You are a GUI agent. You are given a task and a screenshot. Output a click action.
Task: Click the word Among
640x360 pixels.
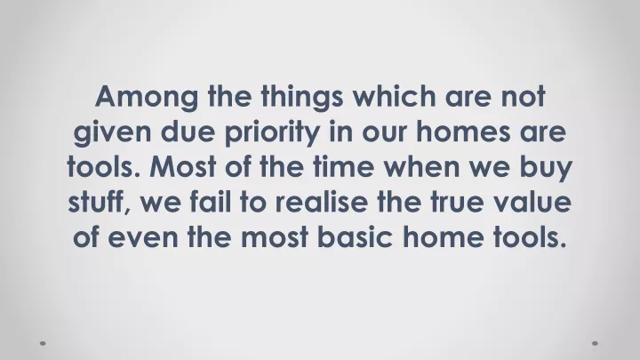147,98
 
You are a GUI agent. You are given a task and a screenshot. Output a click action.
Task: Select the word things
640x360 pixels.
302,97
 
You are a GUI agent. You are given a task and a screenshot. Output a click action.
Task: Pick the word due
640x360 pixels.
188,131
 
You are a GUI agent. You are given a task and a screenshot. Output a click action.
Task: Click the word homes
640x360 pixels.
463,131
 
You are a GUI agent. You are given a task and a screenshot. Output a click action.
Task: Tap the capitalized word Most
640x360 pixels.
183,166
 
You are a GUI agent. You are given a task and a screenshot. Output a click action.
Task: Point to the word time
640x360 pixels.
344,166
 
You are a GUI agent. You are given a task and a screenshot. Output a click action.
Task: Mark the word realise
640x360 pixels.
321,201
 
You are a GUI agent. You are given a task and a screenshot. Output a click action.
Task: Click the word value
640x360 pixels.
532,201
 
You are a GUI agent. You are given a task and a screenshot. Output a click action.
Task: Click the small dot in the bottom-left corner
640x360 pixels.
43,343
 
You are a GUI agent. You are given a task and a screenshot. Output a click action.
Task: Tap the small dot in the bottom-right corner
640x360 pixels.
595,343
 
